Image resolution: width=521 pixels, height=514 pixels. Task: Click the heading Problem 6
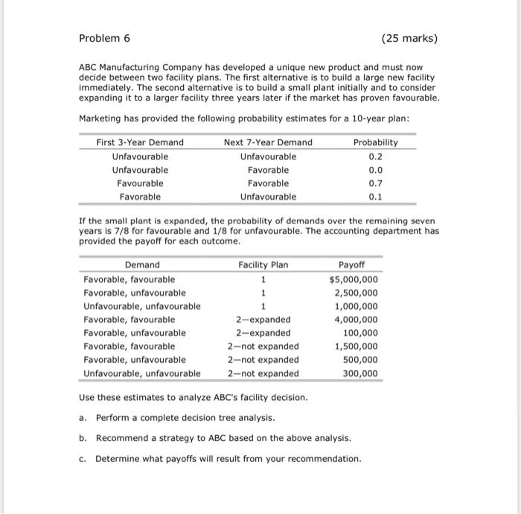coord(104,38)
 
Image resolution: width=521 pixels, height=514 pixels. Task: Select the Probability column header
coord(375,142)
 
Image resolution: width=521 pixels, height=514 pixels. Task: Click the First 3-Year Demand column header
coord(140,142)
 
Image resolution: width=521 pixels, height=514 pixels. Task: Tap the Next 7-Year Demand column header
coord(268,142)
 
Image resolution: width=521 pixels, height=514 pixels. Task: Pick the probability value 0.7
coord(375,183)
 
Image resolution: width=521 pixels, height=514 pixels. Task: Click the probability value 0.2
coord(375,156)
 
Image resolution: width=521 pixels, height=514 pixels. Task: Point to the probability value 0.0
coord(375,170)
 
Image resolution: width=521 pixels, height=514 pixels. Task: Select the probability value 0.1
coord(375,197)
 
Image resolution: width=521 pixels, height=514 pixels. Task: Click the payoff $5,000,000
coord(354,279)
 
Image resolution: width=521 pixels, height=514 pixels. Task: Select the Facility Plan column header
coord(263,264)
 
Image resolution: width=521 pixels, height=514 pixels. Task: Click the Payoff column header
coord(352,264)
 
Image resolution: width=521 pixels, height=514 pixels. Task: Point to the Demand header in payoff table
coord(142,264)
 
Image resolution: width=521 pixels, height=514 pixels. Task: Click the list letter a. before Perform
coord(83,417)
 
